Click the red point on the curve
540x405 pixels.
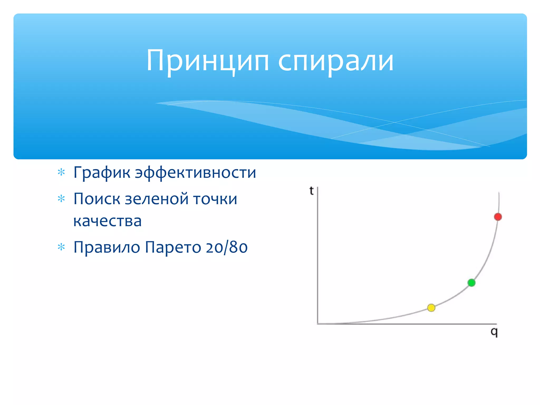[498, 217]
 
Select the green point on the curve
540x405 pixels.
[471, 283]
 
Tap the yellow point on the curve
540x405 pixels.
[431, 308]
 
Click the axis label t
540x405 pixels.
[311, 191]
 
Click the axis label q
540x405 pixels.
[494, 332]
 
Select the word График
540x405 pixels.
[102, 173]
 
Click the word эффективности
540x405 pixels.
[195, 173]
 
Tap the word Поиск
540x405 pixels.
[97, 199]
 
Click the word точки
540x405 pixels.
[215, 199]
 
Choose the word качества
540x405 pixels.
[107, 221]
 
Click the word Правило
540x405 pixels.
[107, 247]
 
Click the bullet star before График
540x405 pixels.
[61, 172]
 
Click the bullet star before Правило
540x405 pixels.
[61, 247]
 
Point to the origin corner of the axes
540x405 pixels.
[318, 324]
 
